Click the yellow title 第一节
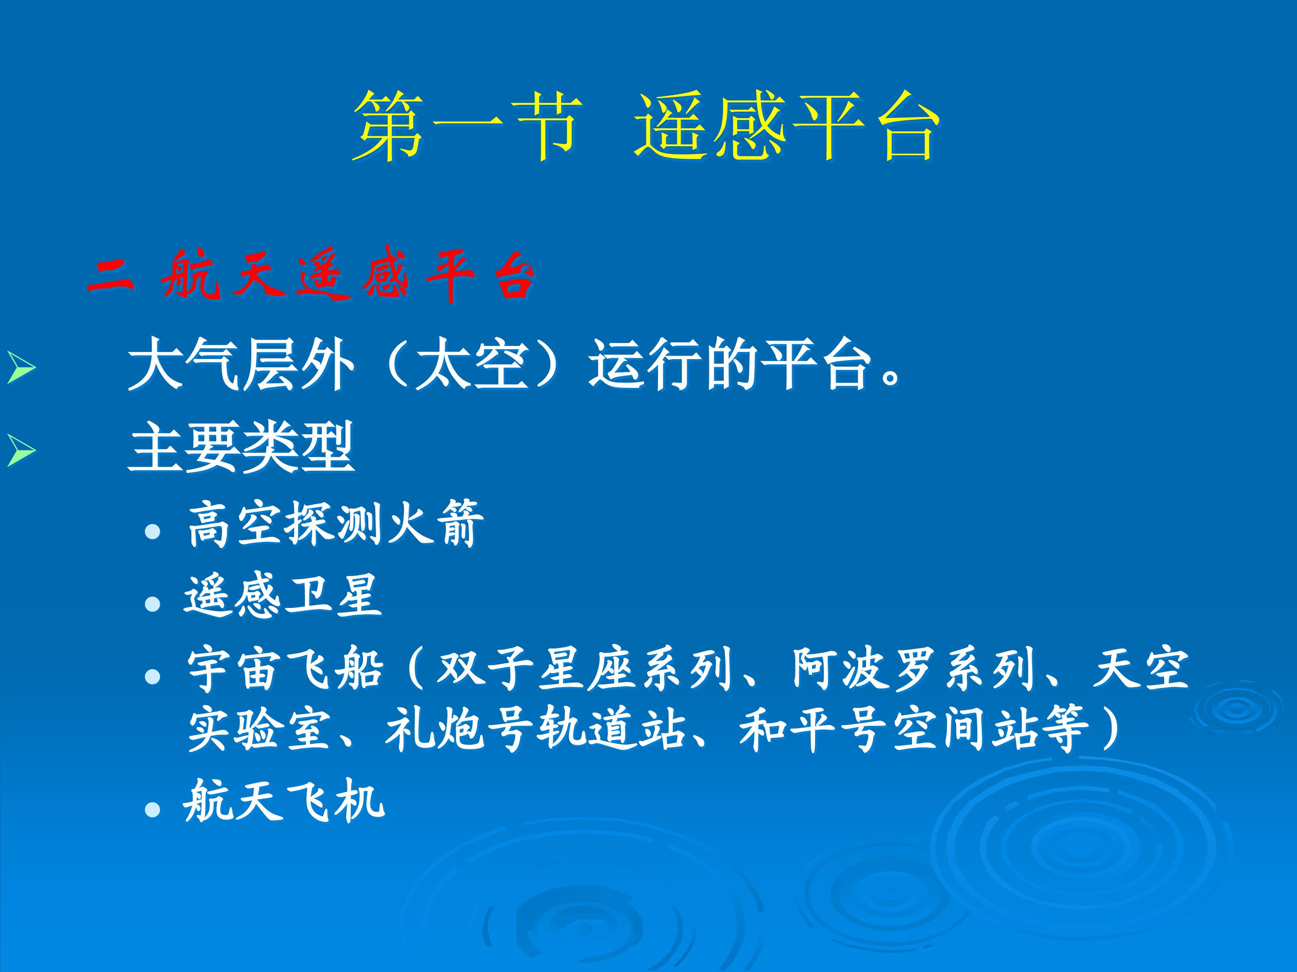pyautogui.click(x=467, y=126)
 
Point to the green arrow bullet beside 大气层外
pyautogui.click(x=22, y=368)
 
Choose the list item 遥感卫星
pyautogui.click(x=283, y=596)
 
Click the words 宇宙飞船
pyautogui.click(x=286, y=669)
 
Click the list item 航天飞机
pyautogui.click(x=284, y=801)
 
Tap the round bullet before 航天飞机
pyautogui.click(x=153, y=810)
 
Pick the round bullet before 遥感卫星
pyautogui.click(x=153, y=604)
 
